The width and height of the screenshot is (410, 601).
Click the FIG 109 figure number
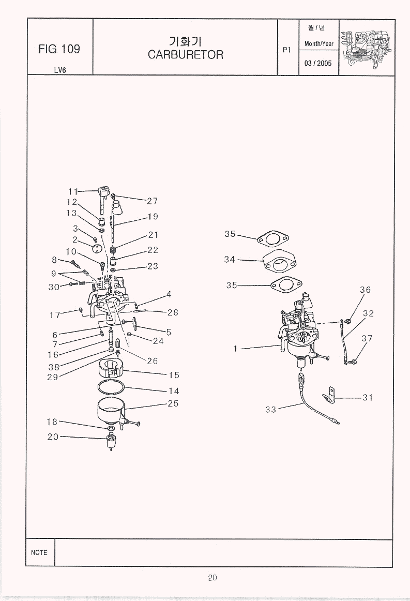tap(59, 49)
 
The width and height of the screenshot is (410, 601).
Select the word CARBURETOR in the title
tap(185, 54)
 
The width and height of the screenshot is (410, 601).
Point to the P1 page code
tap(287, 50)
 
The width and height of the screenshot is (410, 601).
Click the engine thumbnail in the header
tap(367, 47)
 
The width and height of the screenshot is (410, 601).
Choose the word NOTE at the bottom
tap(39, 552)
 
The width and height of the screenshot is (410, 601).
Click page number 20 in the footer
tap(212, 578)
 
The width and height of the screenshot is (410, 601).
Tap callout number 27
tap(151, 201)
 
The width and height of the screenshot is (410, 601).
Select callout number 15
tap(173, 375)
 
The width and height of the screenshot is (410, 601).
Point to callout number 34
tap(230, 259)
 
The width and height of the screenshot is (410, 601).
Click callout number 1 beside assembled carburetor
tap(235, 349)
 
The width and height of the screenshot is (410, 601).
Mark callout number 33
tap(270, 409)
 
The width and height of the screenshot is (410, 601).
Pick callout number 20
tap(53, 437)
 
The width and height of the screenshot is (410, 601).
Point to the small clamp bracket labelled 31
tap(329, 396)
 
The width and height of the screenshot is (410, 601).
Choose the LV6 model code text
tap(59, 70)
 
